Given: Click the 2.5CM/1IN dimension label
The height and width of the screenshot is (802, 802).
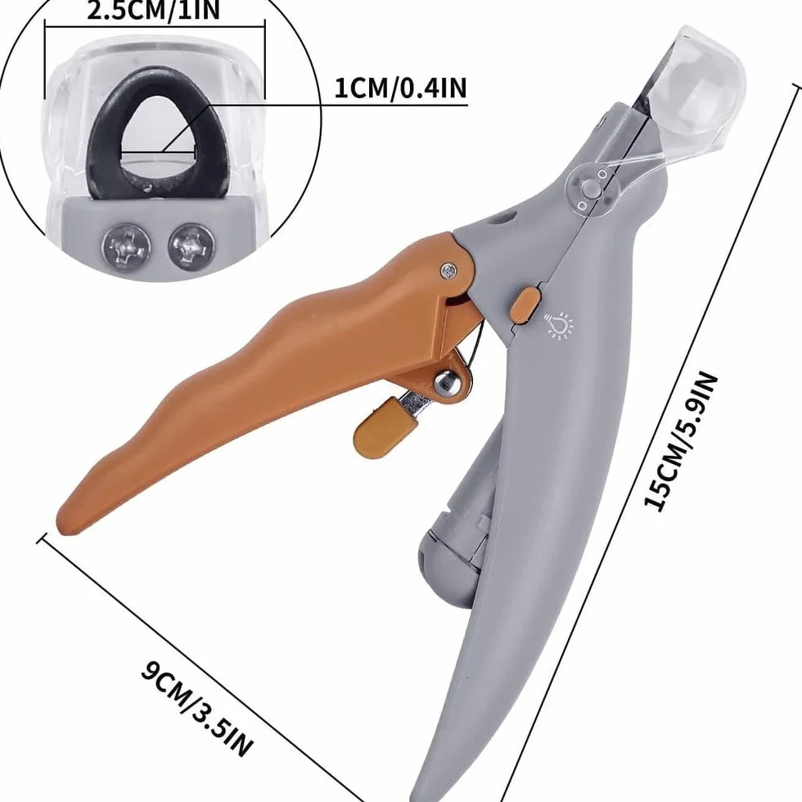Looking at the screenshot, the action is point(154,10).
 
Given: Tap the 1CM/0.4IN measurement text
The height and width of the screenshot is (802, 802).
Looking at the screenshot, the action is point(400,88).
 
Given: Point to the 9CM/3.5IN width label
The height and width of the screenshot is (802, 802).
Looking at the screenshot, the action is point(197,709).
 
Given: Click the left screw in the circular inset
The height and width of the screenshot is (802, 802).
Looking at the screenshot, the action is point(126,247).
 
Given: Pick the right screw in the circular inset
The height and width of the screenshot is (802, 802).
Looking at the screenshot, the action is point(191,247).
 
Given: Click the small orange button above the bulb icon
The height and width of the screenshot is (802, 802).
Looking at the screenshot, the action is point(525,305).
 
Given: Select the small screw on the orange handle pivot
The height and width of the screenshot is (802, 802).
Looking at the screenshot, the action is point(448,271).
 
